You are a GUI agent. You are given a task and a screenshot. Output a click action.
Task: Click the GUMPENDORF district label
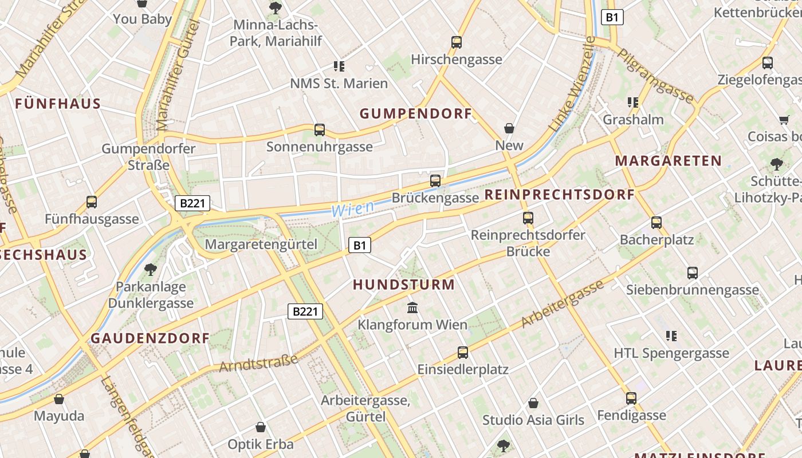(416, 114)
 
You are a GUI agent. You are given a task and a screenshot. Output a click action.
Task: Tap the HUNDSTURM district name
(404, 285)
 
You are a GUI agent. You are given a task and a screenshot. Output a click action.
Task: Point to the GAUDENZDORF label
(150, 338)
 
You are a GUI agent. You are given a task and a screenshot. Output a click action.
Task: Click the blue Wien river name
(353, 209)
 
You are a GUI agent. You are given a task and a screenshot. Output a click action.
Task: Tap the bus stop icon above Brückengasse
(435, 181)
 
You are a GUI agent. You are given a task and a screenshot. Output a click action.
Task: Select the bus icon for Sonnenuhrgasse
(320, 130)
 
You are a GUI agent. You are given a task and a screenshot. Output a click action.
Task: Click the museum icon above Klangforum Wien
(412, 308)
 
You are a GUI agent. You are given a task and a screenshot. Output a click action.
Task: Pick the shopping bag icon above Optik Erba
(261, 427)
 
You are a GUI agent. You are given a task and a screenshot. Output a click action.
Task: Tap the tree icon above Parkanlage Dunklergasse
(151, 269)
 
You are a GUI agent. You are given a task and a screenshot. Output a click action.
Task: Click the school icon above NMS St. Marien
(339, 66)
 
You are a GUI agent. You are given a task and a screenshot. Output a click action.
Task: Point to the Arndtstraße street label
(258, 363)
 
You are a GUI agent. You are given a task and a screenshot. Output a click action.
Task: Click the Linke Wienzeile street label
(572, 84)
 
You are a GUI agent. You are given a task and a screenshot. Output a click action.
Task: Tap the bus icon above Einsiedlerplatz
(463, 353)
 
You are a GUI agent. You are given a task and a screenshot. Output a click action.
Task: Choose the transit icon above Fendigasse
(631, 398)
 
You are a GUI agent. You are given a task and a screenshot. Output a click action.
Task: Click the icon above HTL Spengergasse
(671, 336)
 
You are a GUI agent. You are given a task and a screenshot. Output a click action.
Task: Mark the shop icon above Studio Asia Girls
(533, 403)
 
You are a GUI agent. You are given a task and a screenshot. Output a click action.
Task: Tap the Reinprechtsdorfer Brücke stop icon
(528, 218)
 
